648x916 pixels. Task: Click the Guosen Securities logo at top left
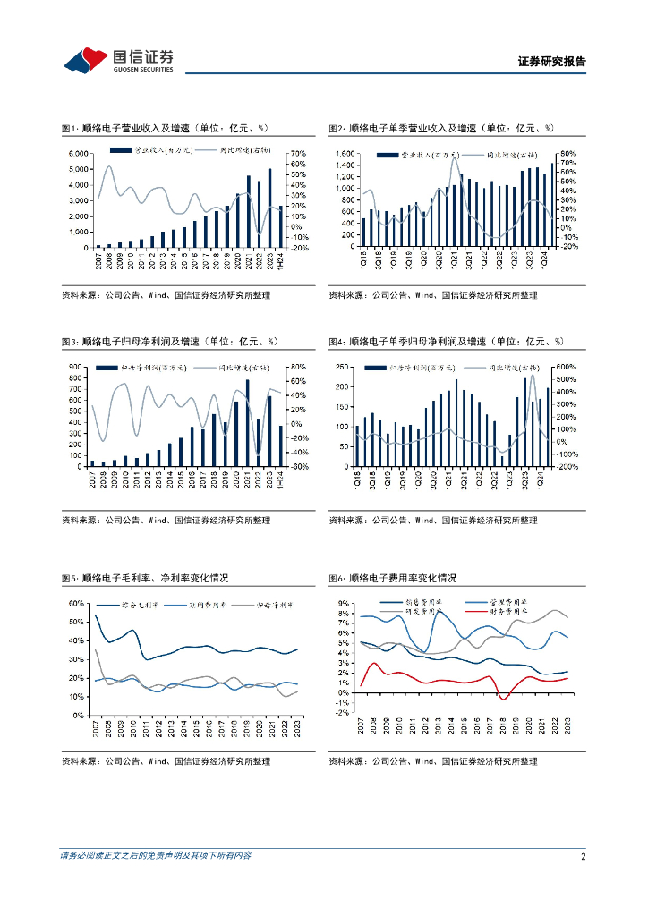pyautogui.click(x=116, y=60)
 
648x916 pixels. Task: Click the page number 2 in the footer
pyautogui.click(x=583, y=856)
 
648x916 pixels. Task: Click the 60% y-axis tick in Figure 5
pyautogui.click(x=78, y=604)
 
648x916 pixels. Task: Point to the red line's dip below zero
pyautogui.click(x=504, y=699)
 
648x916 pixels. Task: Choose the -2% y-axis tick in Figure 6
pyautogui.click(x=343, y=712)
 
